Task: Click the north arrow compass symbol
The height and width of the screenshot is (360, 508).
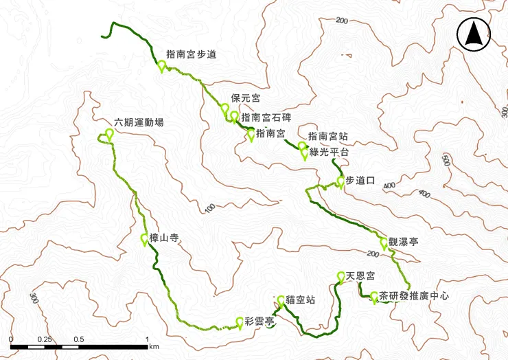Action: pyautogui.click(x=472, y=34)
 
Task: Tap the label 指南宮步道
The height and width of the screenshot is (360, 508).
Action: pyautogui.click(x=192, y=54)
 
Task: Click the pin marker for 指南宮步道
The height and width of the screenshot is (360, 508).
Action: pyautogui.click(x=162, y=66)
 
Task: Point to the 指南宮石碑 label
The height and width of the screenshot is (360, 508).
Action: pyautogui.click(x=266, y=117)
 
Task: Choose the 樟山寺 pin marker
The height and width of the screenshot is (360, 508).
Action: pyautogui.click(x=145, y=239)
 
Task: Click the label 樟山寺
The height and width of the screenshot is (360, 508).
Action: pyautogui.click(x=164, y=238)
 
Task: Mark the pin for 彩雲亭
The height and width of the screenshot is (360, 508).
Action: pyautogui.click(x=240, y=322)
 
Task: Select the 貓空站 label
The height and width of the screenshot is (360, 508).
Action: pyautogui.click(x=301, y=299)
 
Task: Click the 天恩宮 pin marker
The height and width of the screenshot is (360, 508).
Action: pyautogui.click(x=341, y=278)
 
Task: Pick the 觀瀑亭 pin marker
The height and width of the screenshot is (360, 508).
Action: pyautogui.click(x=384, y=244)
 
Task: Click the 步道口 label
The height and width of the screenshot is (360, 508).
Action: pyautogui.click(x=360, y=181)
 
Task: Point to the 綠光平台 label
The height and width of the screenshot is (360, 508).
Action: pyautogui.click(x=330, y=152)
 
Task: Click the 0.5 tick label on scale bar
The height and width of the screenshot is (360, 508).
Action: pyautogui.click(x=78, y=340)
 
